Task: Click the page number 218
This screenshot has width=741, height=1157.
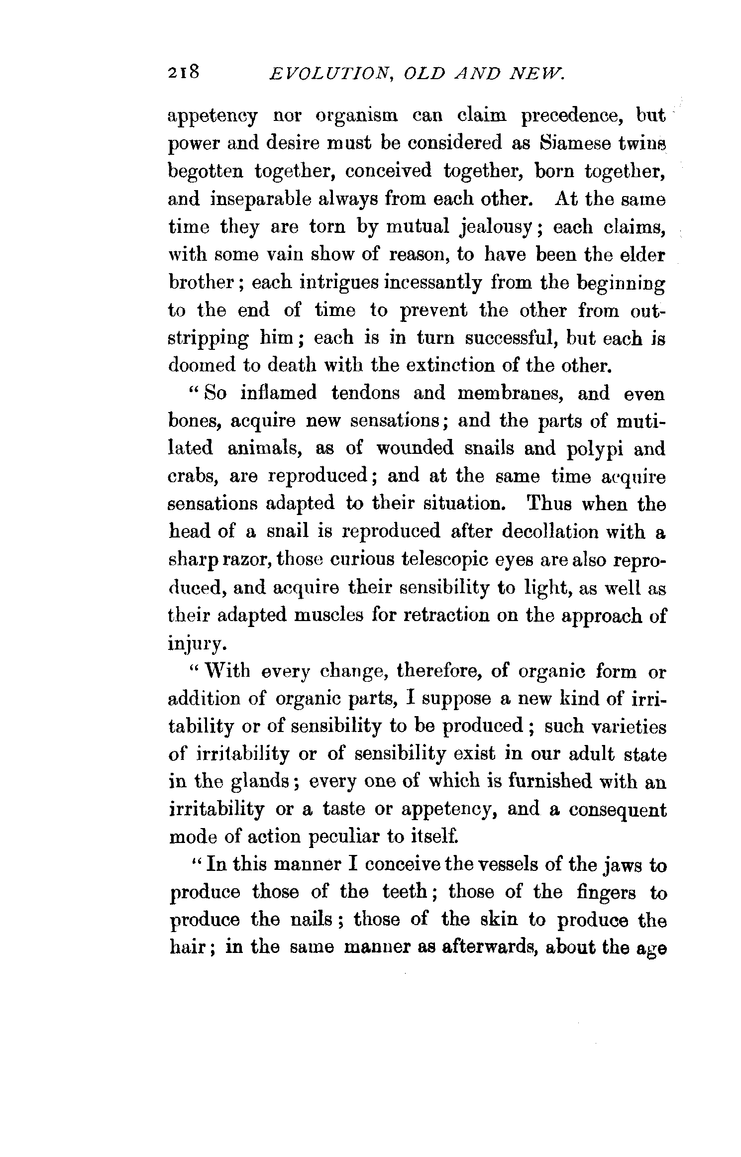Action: click(184, 73)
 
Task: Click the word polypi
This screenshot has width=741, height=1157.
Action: click(595, 449)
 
